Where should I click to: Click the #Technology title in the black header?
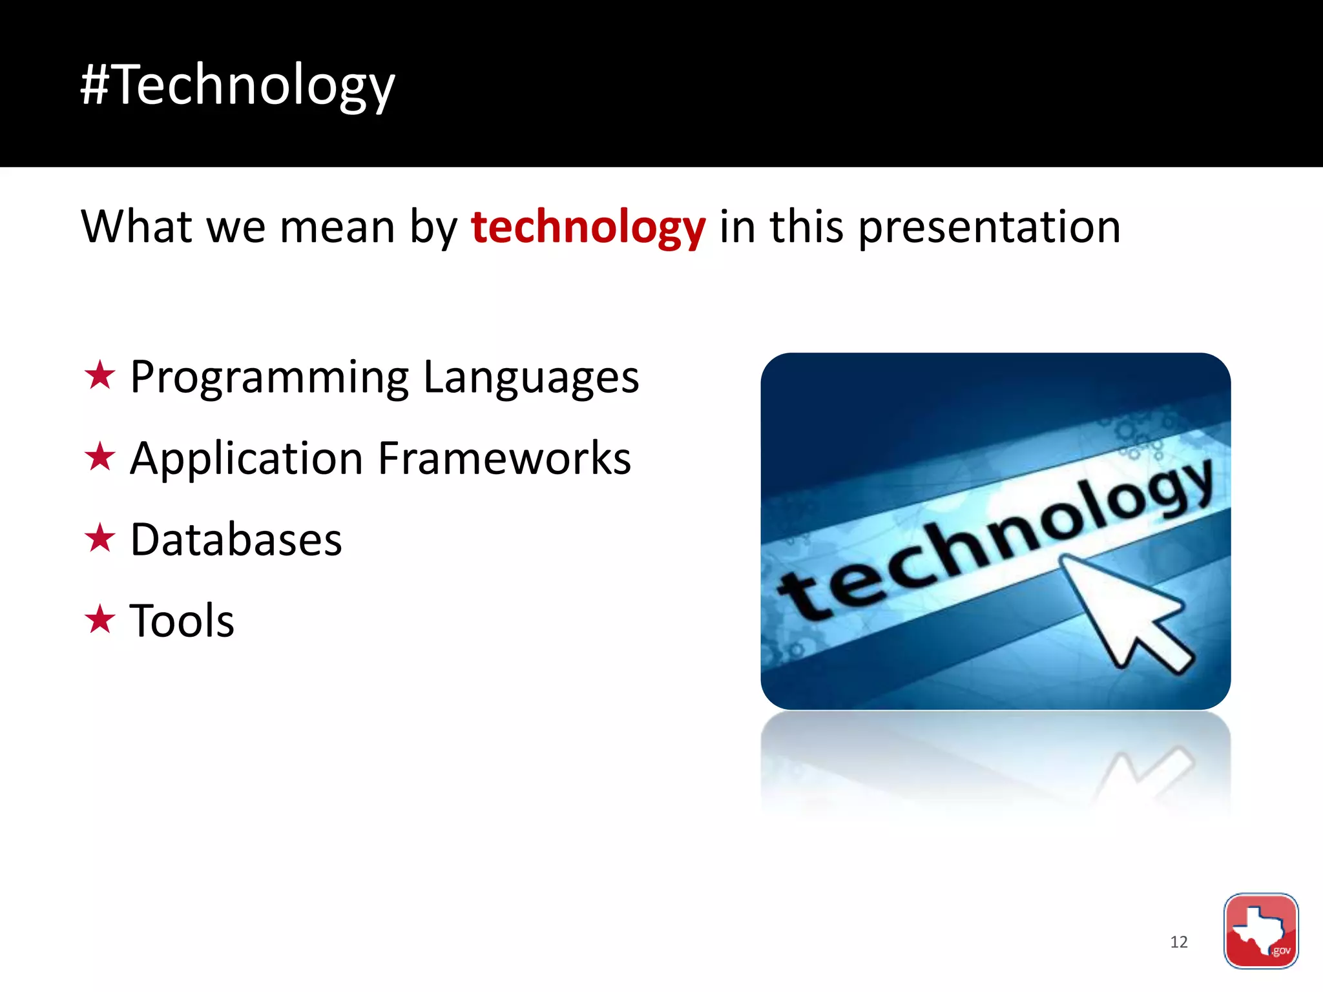click(236, 85)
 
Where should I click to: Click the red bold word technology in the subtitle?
click(588, 227)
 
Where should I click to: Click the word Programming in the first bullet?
click(269, 378)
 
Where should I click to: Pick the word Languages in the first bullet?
click(531, 378)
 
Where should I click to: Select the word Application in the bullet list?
click(246, 459)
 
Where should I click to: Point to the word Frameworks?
click(504, 459)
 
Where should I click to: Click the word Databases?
click(236, 540)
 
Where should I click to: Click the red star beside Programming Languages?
click(99, 376)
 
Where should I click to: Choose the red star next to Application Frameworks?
click(99, 457)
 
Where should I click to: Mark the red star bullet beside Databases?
click(99, 539)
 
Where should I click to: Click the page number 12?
click(1178, 942)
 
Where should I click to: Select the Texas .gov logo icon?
click(1260, 931)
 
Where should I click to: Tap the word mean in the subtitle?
click(337, 227)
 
